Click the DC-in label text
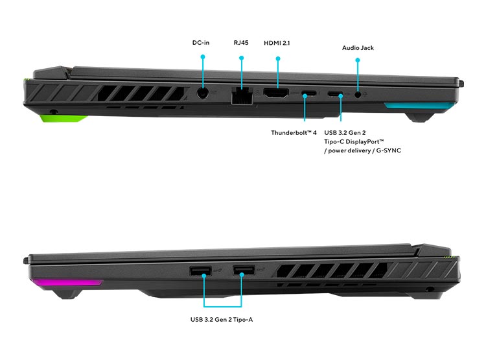click(x=201, y=43)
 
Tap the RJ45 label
click(x=241, y=43)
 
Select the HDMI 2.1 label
click(x=277, y=43)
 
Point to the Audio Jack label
click(x=358, y=48)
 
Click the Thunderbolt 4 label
click(x=294, y=133)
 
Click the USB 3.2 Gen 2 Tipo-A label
click(x=222, y=319)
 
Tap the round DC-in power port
click(x=203, y=93)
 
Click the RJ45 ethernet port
click(x=242, y=96)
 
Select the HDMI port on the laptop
click(x=276, y=93)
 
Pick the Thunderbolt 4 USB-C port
click(x=309, y=93)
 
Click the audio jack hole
click(x=358, y=95)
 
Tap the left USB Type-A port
click(x=200, y=271)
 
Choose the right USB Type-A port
click(x=244, y=270)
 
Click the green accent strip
click(x=62, y=118)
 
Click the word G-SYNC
click(x=389, y=150)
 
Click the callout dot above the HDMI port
click(x=278, y=58)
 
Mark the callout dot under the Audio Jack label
click(x=358, y=60)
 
